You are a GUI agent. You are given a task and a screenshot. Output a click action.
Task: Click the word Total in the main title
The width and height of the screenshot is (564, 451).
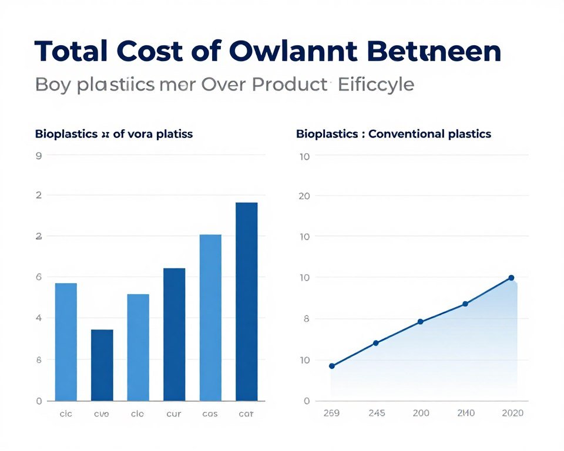[70, 52]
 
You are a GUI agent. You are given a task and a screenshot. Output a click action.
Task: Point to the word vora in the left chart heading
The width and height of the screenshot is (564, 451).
[142, 134]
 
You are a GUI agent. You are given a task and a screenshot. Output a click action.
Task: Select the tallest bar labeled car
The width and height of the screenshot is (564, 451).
[246, 301]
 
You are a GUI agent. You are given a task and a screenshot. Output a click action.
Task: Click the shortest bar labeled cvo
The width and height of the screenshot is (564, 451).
[102, 365]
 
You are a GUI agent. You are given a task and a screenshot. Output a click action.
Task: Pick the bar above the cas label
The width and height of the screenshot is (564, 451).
[210, 317]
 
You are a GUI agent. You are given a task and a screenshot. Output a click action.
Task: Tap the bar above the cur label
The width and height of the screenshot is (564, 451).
[174, 334]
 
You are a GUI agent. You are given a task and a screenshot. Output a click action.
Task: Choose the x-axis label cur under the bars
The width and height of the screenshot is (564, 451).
[174, 413]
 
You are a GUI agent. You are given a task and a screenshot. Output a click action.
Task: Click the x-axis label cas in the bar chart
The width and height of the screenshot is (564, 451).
[210, 413]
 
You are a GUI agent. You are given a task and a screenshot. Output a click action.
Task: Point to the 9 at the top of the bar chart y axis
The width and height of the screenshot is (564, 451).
[39, 156]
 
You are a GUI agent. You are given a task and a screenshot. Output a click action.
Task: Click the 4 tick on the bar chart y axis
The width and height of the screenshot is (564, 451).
[39, 318]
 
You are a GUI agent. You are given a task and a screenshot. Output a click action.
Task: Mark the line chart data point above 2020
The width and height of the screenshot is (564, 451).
[511, 278]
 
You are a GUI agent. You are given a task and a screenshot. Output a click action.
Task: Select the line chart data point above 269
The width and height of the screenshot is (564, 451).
[332, 366]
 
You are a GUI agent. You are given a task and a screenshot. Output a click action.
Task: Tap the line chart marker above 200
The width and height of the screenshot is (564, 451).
[420, 322]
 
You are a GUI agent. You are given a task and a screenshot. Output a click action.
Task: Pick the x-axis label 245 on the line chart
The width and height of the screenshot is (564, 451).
[376, 413]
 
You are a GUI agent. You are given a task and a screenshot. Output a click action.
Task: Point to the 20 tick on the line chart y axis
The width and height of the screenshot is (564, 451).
[304, 196]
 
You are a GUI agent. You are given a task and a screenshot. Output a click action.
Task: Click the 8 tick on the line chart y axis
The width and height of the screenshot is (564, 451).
[305, 319]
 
